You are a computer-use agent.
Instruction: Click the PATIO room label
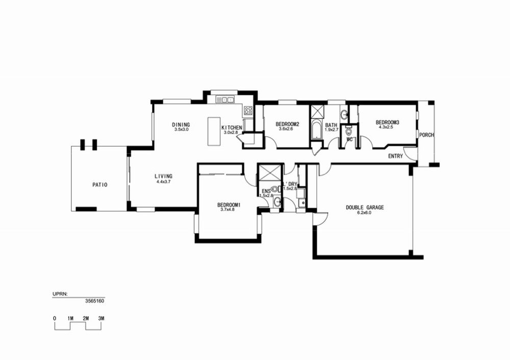point(100,185)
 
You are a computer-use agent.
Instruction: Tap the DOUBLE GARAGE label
point(365,208)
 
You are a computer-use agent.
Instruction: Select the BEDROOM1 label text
point(228,205)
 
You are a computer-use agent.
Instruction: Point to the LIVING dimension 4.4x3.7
point(163,182)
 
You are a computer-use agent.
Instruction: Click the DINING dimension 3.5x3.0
point(181,129)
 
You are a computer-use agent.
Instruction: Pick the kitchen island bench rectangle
point(214,132)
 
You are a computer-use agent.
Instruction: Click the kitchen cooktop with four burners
point(248,111)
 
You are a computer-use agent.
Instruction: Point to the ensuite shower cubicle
point(269,172)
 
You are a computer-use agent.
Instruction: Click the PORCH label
point(426,135)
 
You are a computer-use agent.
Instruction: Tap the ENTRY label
point(396,156)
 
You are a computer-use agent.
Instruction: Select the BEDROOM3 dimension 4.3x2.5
point(386,127)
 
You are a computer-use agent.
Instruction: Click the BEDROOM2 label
point(287,124)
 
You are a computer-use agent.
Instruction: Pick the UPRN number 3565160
point(95,301)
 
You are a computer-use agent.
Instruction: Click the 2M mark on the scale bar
point(86,318)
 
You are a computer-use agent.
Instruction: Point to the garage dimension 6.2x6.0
point(364,213)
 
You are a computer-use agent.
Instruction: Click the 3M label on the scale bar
point(101,318)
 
